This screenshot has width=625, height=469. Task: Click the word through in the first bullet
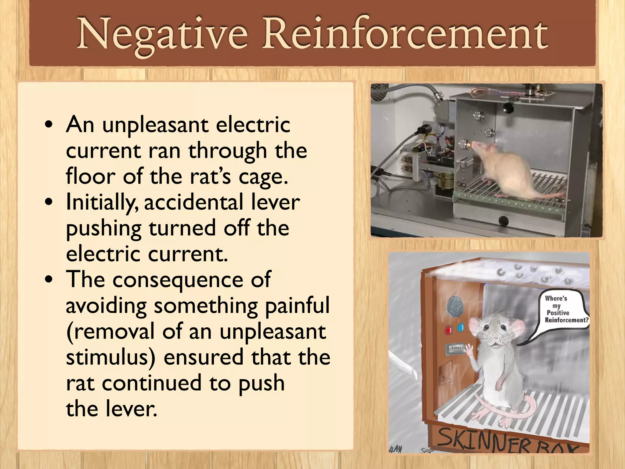pos(228,151)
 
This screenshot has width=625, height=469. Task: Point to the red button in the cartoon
pos(448,330)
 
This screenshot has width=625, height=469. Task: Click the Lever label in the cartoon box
pos(456,348)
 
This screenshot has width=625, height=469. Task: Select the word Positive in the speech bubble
pos(558,313)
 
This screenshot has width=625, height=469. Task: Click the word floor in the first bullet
pos(90,177)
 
